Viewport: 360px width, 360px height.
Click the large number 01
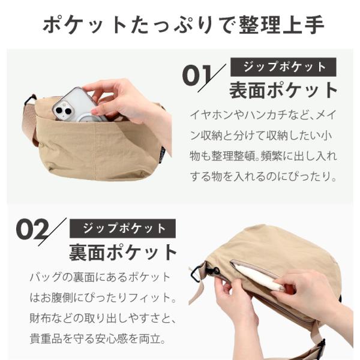pos(197,76)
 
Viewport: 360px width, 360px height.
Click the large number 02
pos(32,229)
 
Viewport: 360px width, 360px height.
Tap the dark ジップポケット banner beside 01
pos(283,67)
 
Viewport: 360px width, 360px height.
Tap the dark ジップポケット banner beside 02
pos(122,229)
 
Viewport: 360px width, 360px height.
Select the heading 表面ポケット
pos(283,90)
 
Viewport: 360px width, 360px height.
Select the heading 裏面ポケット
pos(123,253)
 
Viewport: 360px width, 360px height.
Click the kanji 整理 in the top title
pos(260,25)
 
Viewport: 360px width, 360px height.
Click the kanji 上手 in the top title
pos(303,25)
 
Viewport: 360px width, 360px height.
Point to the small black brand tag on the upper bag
pos(162,154)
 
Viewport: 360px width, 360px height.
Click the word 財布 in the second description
pos(40,318)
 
